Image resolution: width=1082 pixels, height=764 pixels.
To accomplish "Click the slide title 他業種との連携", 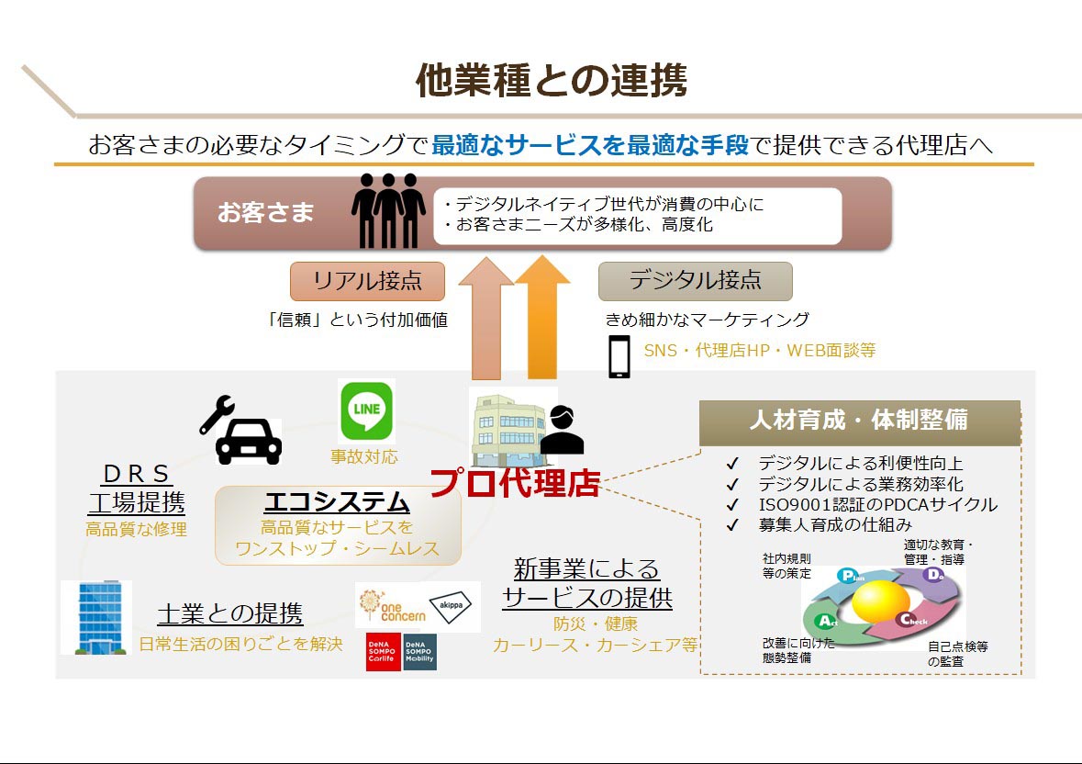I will pyautogui.click(x=551, y=81).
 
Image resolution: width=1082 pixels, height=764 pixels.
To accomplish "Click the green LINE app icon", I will pyautogui.click(x=366, y=412).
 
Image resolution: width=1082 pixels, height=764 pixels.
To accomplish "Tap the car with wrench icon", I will pyautogui.click(x=241, y=432).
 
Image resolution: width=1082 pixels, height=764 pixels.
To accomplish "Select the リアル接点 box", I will pyautogui.click(x=367, y=281).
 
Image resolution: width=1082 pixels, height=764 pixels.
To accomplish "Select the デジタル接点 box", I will pyautogui.click(x=695, y=281).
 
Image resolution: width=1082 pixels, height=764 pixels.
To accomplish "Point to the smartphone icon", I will pyautogui.click(x=619, y=357).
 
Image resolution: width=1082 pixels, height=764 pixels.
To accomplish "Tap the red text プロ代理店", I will pyautogui.click(x=514, y=483).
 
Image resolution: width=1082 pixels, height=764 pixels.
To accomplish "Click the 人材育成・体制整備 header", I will pyautogui.click(x=859, y=421).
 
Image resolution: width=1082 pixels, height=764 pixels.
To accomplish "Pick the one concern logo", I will pyautogui.click(x=392, y=606).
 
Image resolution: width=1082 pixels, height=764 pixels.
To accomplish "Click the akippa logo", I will pyautogui.click(x=454, y=605).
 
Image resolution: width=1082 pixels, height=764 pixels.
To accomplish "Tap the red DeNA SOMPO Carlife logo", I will pyautogui.click(x=384, y=651).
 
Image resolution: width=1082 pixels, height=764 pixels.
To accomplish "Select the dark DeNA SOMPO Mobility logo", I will pyautogui.click(x=419, y=651).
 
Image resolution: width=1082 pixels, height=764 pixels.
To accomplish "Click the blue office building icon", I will pyautogui.click(x=96, y=616).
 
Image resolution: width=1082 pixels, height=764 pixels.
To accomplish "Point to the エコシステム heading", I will pyautogui.click(x=336, y=502).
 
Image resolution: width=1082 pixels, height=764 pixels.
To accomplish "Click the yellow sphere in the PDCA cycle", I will pyautogui.click(x=880, y=601).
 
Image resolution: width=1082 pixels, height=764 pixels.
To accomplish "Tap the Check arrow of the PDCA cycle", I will pyautogui.click(x=914, y=620).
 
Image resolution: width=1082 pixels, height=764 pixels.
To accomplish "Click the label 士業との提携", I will pyautogui.click(x=229, y=613).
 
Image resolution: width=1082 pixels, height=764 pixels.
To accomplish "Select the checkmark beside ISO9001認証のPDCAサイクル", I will pyautogui.click(x=731, y=505).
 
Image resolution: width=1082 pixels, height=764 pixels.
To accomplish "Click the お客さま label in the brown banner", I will pyautogui.click(x=265, y=213).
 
